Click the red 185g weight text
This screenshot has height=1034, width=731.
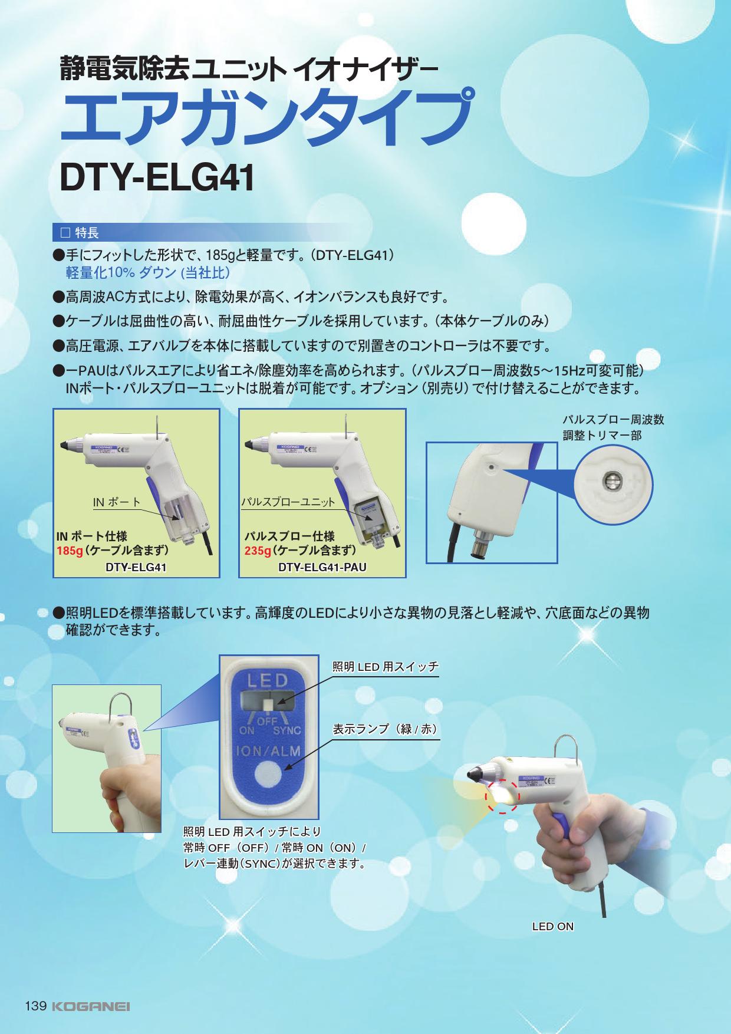pyautogui.click(x=67, y=551)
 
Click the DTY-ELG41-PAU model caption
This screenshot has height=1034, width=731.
pyautogui.click(x=322, y=568)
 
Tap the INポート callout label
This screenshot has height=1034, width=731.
pyautogui.click(x=117, y=502)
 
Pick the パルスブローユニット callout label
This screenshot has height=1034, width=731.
pyautogui.click(x=288, y=502)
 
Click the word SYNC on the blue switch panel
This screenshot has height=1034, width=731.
pyautogui.click(x=287, y=730)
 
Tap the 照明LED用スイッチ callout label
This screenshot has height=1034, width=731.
pyautogui.click(x=386, y=667)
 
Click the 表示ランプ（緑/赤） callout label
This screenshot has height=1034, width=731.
pyautogui.click(x=386, y=729)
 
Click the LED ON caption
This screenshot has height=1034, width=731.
pyautogui.click(x=552, y=926)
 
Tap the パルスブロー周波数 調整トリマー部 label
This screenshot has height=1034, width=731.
pyautogui.click(x=613, y=427)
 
